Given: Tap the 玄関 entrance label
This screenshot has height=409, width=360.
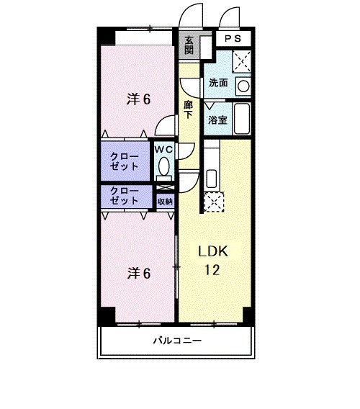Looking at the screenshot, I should pos(189,47).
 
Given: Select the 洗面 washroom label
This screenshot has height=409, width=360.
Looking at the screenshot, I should pos(218,83).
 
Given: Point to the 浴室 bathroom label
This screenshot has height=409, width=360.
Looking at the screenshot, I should pos(217,120).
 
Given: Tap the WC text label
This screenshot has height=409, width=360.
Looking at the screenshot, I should pos(163,149).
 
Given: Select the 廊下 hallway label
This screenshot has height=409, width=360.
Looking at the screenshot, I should pos(188,109).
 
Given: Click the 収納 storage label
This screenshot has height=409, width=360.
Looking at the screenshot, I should pos(165,201).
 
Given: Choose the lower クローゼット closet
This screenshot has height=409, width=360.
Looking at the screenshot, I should pos(125,196).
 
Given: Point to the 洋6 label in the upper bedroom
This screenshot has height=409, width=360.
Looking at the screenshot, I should pos(139,100).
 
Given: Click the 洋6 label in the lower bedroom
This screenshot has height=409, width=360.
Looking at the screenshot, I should pos(139,273).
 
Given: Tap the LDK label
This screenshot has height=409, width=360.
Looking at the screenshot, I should pos(213,252).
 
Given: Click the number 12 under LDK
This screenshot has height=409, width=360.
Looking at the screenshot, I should pos(213,270).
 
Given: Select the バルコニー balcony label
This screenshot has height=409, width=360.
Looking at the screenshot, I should pos(177,341).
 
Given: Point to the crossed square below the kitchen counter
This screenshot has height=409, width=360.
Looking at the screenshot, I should pos(214,203).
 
